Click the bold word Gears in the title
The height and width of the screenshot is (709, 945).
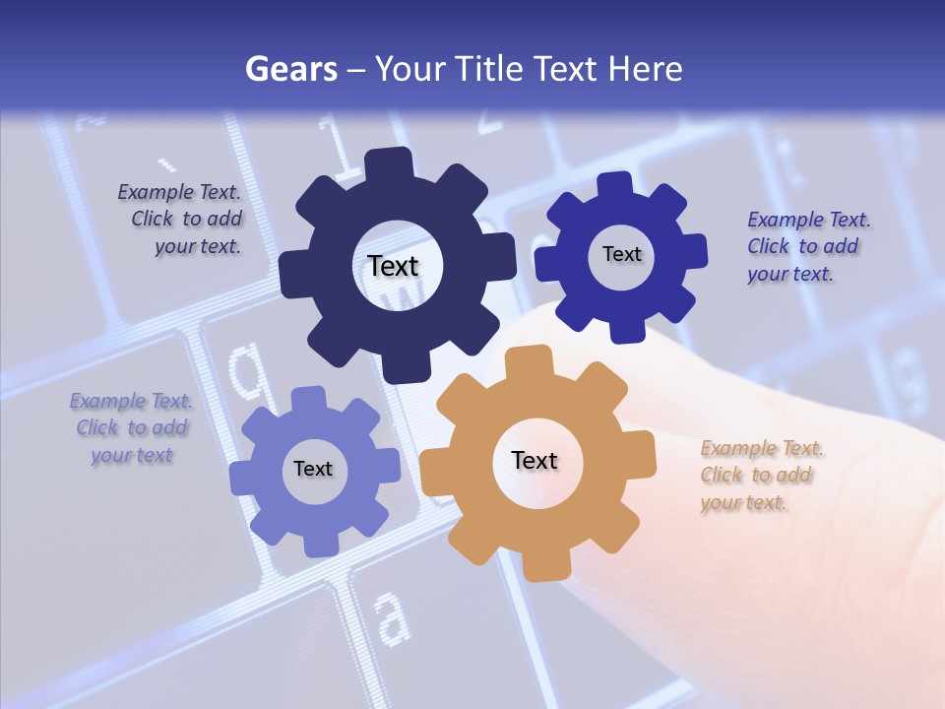click(x=290, y=69)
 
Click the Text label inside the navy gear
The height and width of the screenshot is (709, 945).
click(x=393, y=266)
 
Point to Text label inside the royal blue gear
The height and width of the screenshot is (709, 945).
click(x=621, y=254)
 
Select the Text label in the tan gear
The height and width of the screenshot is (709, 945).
click(x=535, y=460)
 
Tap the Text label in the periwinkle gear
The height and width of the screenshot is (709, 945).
click(x=313, y=469)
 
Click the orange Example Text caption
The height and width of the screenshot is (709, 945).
click(x=761, y=476)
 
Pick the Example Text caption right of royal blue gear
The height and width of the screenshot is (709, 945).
click(x=807, y=246)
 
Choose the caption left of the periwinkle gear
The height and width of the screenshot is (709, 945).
click(x=131, y=428)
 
